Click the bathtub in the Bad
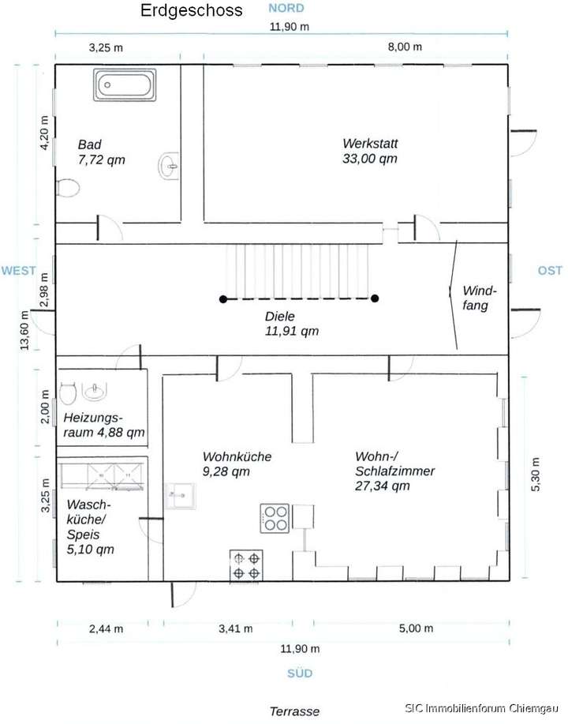point(125,85)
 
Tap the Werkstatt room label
point(370,143)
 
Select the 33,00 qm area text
point(369,159)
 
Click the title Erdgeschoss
point(192,10)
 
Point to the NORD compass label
point(286,8)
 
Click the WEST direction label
point(18,271)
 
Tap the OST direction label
point(550,270)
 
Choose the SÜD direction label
point(300,673)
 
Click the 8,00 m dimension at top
point(405,47)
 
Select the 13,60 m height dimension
point(24,330)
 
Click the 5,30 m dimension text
point(535,475)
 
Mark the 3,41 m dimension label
point(235,628)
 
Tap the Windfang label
point(480,298)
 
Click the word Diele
point(279,317)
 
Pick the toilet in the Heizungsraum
point(67,393)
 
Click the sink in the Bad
point(169,166)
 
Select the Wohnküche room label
point(237,456)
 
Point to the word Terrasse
point(294,711)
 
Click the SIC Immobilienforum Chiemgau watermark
point(482,708)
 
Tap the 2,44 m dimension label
point(106,629)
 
